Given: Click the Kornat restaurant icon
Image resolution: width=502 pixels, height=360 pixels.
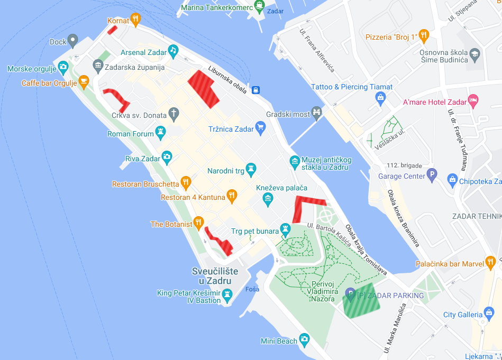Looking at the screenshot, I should tap(136, 20).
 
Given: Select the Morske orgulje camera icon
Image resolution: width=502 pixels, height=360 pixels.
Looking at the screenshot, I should tap(63, 67).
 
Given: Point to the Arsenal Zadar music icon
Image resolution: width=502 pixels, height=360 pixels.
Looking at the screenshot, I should tap(173, 51).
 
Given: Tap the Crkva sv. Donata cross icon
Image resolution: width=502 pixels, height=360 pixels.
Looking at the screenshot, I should tap(174, 113).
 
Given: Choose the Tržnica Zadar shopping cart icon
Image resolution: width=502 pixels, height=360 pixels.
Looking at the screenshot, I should tap(260, 127).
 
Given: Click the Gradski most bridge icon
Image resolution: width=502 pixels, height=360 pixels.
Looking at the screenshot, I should tap(317, 112).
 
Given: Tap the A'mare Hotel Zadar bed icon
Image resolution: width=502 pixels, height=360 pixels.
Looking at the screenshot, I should tap(473, 100).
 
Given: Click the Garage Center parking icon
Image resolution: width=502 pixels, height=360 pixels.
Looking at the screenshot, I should tap(432, 174).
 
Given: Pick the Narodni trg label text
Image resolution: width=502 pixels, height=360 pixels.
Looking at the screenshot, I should tap(225, 171).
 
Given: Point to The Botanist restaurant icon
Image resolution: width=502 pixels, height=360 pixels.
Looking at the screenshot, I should tap(199, 222).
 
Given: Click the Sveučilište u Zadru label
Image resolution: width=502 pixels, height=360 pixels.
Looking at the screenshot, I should tap(215, 275).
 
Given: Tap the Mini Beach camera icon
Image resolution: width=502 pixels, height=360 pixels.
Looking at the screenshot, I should tap(304, 339).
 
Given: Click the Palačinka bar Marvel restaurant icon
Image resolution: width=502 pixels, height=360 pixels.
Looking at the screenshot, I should tap(490, 262).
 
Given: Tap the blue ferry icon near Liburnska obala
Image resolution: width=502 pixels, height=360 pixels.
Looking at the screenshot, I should tap(255, 89).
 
